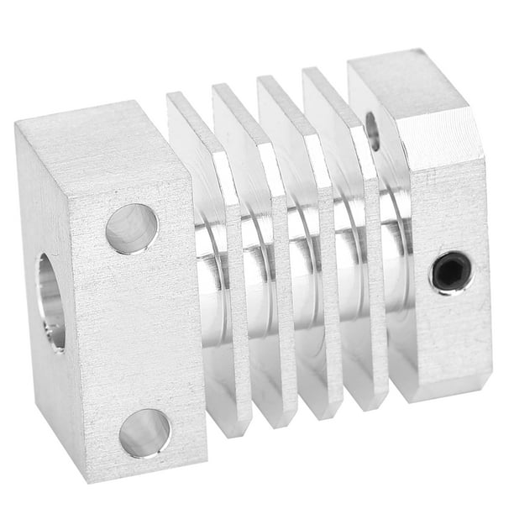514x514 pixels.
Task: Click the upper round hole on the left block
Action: tap(132, 228)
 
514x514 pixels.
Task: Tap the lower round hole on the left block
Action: tap(144, 433)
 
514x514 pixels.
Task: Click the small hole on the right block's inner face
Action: tap(373, 130)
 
